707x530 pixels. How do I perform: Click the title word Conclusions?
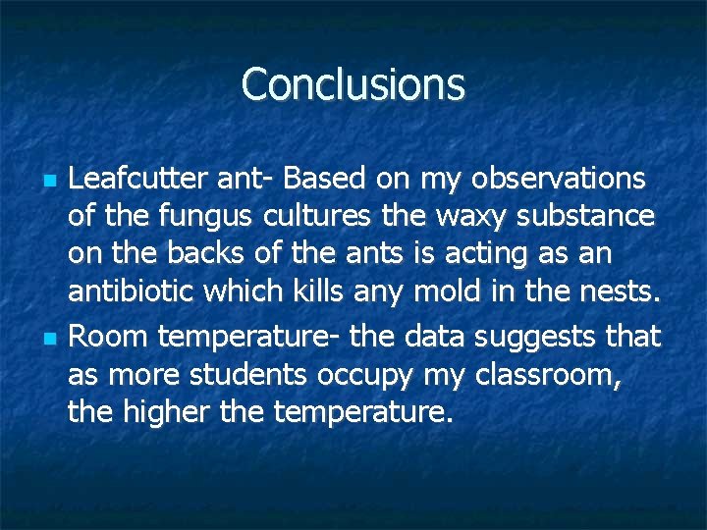[x=353, y=84]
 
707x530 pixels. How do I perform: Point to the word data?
[x=435, y=337]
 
